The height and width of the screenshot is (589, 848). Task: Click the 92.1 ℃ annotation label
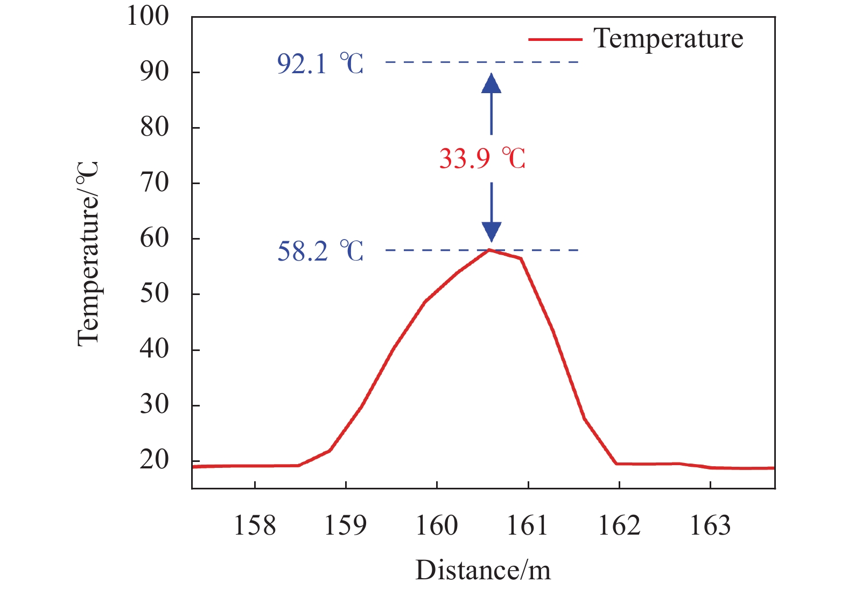[320, 64]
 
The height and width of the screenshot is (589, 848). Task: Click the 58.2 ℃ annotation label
[320, 251]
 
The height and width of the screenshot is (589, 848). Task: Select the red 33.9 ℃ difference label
[482, 159]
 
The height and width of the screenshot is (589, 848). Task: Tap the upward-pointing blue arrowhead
[491, 83]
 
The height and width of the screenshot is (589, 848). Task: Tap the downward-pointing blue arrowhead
[491, 232]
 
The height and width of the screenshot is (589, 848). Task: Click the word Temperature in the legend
[668, 39]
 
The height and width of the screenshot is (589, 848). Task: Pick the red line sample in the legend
[555, 39]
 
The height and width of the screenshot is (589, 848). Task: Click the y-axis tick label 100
[148, 16]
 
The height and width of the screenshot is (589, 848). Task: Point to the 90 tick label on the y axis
[155, 72]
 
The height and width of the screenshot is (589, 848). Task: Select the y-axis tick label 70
[155, 183]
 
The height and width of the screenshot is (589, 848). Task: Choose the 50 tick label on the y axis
[155, 294]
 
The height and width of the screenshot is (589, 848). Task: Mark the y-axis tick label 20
[155, 460]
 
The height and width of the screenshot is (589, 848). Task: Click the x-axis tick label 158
[255, 525]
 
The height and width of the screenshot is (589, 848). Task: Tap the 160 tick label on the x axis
[437, 525]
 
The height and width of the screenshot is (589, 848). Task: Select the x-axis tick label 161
[528, 525]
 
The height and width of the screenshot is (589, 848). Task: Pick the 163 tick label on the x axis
[710, 525]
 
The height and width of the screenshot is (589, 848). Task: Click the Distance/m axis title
[483, 570]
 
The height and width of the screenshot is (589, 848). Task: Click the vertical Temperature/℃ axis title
[88, 253]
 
